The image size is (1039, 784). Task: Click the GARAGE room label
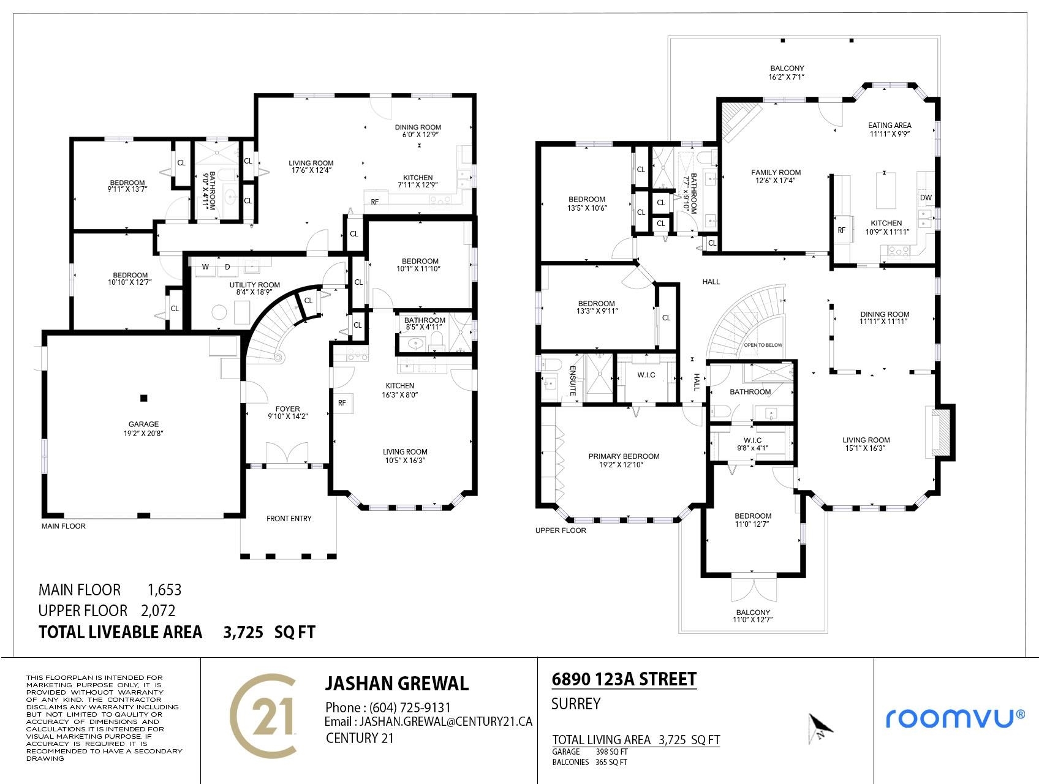click(x=143, y=424)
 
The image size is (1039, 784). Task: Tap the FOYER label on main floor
click(x=288, y=409)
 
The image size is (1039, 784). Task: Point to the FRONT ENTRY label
click(x=289, y=519)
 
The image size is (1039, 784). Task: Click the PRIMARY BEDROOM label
click(x=624, y=456)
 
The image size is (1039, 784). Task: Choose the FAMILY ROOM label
click(x=776, y=173)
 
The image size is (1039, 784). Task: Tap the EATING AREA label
click(x=890, y=126)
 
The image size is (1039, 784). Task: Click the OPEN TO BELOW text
click(x=763, y=345)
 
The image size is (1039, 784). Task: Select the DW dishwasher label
click(x=925, y=198)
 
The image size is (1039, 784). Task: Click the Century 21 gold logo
click(x=264, y=715)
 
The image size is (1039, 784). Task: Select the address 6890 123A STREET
click(x=624, y=679)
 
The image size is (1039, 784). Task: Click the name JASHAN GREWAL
click(x=396, y=684)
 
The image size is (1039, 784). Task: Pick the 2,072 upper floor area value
click(x=158, y=611)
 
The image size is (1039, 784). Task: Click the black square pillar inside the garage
click(x=144, y=398)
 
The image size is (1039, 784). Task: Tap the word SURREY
click(x=576, y=704)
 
